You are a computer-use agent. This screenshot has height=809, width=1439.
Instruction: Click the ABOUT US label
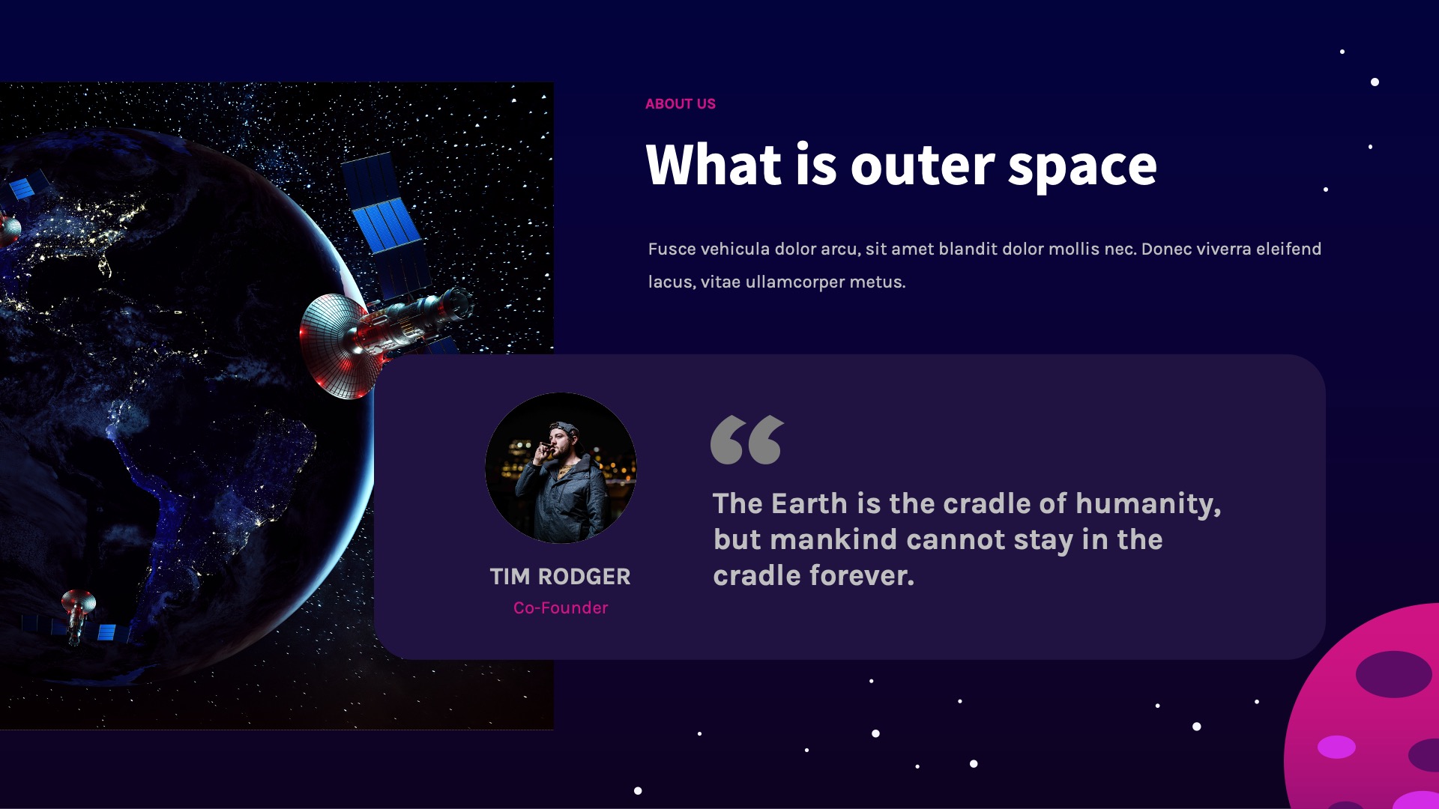pos(680,104)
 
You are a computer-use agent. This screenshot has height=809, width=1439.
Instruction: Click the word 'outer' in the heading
pos(922,166)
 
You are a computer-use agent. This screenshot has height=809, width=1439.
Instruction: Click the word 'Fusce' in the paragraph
pos(672,249)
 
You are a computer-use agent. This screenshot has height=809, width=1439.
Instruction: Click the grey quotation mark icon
pos(746,440)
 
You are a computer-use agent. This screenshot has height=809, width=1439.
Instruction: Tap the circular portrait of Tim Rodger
pos(561,468)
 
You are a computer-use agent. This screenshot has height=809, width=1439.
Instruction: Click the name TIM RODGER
pos(560,577)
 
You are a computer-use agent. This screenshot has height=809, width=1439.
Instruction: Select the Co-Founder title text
pos(561,608)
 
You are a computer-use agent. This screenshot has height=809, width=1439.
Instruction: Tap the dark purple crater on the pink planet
pos(1393,674)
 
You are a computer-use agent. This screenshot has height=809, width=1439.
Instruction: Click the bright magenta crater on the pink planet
pos(1336,747)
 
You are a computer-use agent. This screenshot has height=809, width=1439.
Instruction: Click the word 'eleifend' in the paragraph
pos(1288,249)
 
